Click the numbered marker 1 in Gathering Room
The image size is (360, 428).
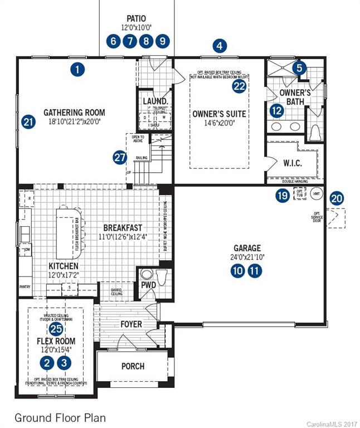[78, 70]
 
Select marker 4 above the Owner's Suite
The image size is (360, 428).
[221, 46]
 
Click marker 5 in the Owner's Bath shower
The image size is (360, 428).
[300, 68]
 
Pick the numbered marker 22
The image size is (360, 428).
[239, 86]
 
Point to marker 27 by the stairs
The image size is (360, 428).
[120, 158]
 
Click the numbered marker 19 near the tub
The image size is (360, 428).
[283, 195]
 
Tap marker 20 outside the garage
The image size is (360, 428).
[337, 198]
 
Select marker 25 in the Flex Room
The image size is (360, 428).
[56, 329]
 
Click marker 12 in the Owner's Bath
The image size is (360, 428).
[276, 110]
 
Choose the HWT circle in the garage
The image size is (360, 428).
[316, 194]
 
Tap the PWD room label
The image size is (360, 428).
[148, 286]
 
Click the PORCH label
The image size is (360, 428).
[133, 366]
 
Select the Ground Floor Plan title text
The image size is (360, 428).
[60, 417]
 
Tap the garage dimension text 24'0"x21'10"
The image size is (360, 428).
[247, 257]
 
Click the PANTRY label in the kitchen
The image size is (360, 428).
[25, 287]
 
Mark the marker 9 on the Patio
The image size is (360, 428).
[162, 41]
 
